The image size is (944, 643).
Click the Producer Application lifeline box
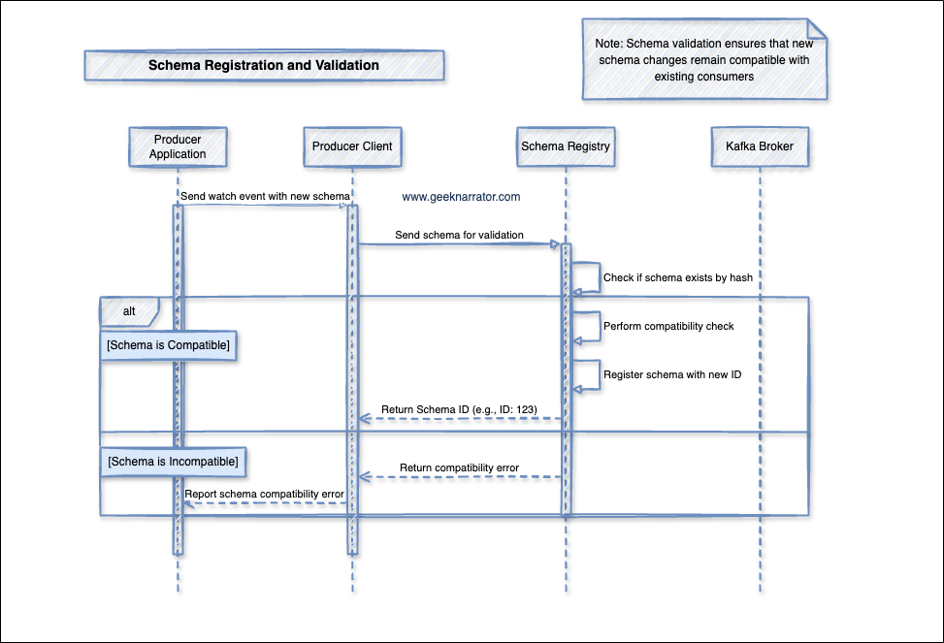[x=178, y=146]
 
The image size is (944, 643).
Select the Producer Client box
[x=352, y=146]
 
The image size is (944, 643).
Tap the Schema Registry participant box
[x=566, y=146]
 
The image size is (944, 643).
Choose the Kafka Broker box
[x=760, y=146]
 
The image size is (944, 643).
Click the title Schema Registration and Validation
[x=264, y=66]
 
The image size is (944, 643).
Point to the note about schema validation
[x=704, y=59]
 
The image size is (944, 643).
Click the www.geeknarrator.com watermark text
[x=461, y=197]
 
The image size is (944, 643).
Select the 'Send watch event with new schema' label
[x=265, y=196]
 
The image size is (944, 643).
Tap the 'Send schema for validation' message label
[x=459, y=235]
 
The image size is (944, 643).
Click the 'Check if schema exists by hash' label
[x=678, y=277]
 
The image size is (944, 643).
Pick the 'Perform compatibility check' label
[x=668, y=326]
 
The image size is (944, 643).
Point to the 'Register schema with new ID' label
[x=672, y=374]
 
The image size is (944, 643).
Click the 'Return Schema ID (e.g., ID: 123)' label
[x=459, y=409]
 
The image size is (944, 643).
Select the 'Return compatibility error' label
[x=459, y=467]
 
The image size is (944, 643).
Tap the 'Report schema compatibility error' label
[x=265, y=494]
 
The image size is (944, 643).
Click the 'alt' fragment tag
[x=129, y=311]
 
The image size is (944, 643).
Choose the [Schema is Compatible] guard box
[x=170, y=345]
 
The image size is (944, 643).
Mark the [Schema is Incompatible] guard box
[x=174, y=462]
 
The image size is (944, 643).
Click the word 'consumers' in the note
[x=727, y=77]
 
